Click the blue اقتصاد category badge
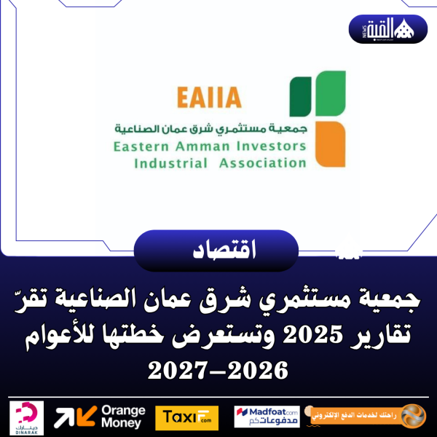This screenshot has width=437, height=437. [x=216, y=251]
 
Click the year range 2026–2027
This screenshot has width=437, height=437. [x=218, y=371]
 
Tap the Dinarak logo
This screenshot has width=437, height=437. [x=27, y=417]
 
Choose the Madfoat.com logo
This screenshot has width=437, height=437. [x=267, y=417]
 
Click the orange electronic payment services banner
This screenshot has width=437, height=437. [x=364, y=416]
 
